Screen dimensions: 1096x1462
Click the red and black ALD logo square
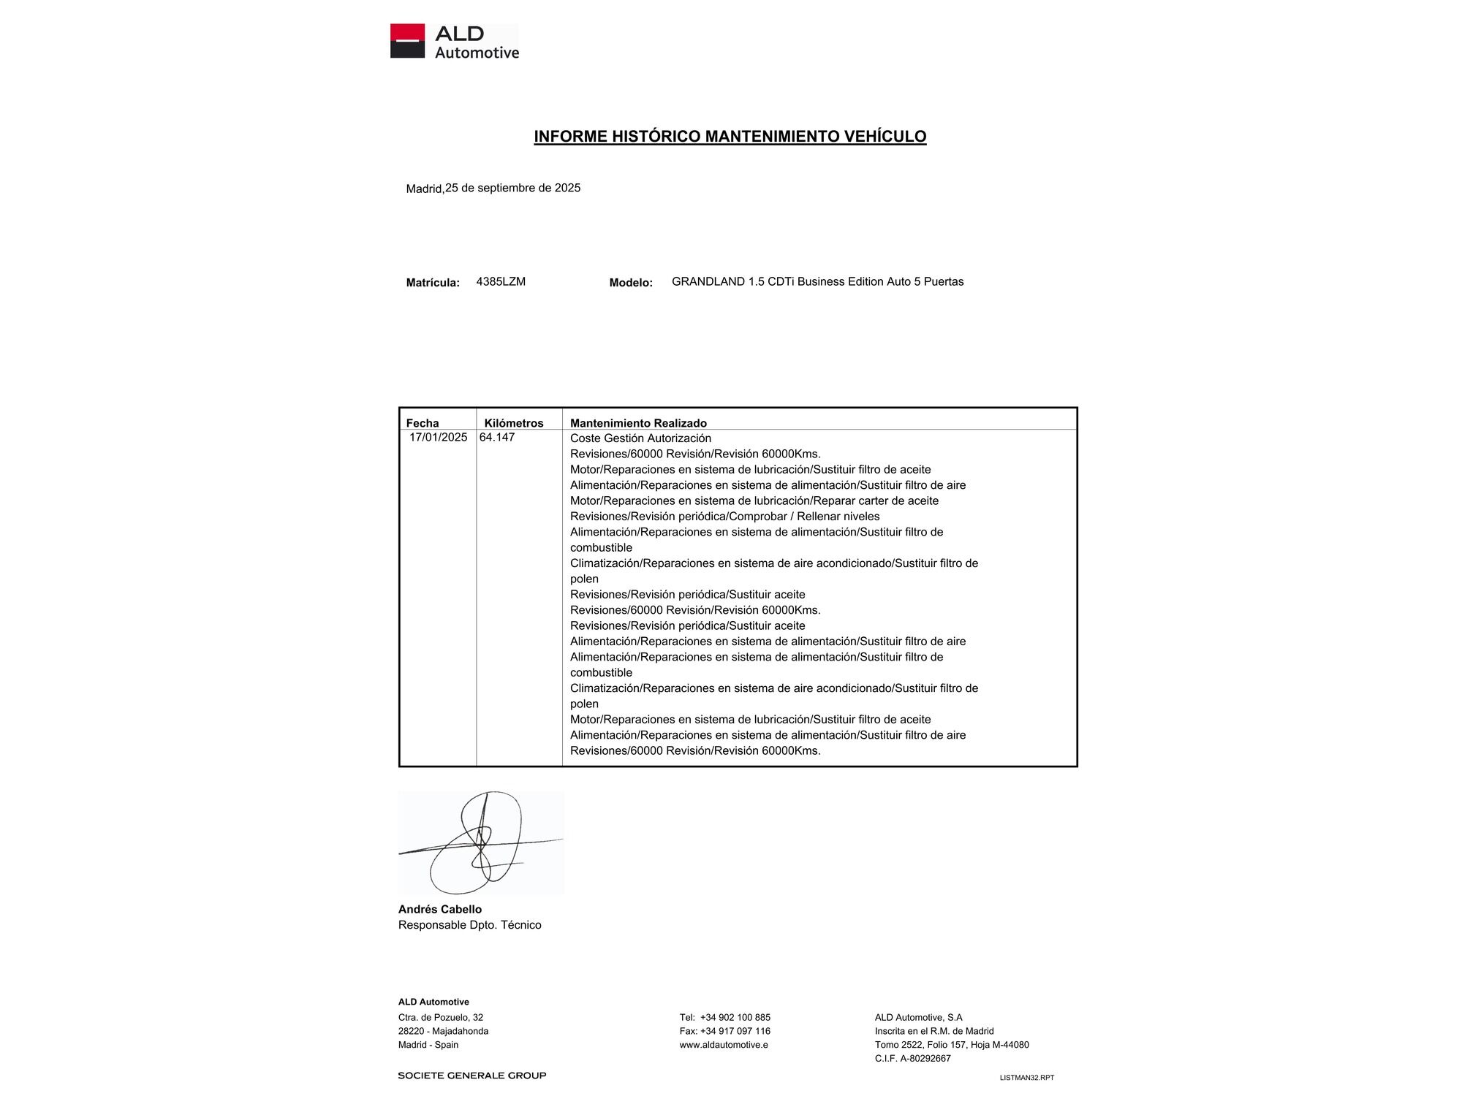click(x=407, y=41)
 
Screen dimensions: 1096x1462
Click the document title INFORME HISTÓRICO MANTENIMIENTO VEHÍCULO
click(x=730, y=137)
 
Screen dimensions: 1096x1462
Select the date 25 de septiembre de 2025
click(x=512, y=188)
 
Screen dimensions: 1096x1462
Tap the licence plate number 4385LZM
click(x=501, y=281)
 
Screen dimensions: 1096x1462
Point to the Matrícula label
click(x=433, y=283)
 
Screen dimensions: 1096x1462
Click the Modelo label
click(x=631, y=283)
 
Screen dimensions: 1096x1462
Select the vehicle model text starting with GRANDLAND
click(x=817, y=281)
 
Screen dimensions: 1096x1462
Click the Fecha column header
click(x=423, y=423)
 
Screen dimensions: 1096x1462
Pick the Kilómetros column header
click(x=514, y=423)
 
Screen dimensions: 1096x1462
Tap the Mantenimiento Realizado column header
click(x=638, y=423)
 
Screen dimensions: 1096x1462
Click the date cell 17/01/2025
click(x=438, y=437)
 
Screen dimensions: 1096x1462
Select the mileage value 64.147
click(x=497, y=437)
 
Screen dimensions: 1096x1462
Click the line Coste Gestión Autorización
click(x=640, y=438)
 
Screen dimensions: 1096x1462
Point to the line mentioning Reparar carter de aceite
click(x=754, y=501)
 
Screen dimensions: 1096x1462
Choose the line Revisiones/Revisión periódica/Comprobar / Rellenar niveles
click(x=724, y=517)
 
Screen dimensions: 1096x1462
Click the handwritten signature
click(x=480, y=842)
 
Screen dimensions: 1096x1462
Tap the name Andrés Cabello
click(x=440, y=909)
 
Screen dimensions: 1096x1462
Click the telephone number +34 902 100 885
click(x=735, y=1017)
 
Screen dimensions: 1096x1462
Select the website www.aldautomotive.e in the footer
click(x=724, y=1045)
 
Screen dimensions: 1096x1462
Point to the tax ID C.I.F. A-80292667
click(x=912, y=1058)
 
